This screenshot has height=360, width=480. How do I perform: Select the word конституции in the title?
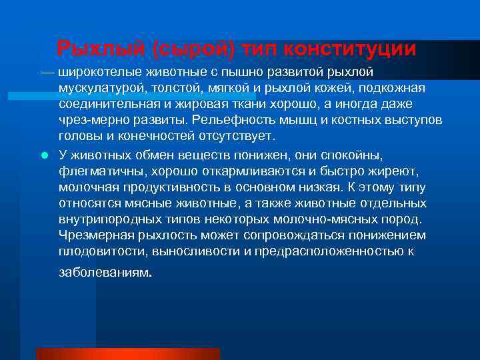(351, 49)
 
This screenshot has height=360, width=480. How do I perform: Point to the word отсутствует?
(232, 137)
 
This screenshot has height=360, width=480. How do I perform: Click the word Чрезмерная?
(90, 235)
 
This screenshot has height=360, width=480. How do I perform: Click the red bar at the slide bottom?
(127, 353)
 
